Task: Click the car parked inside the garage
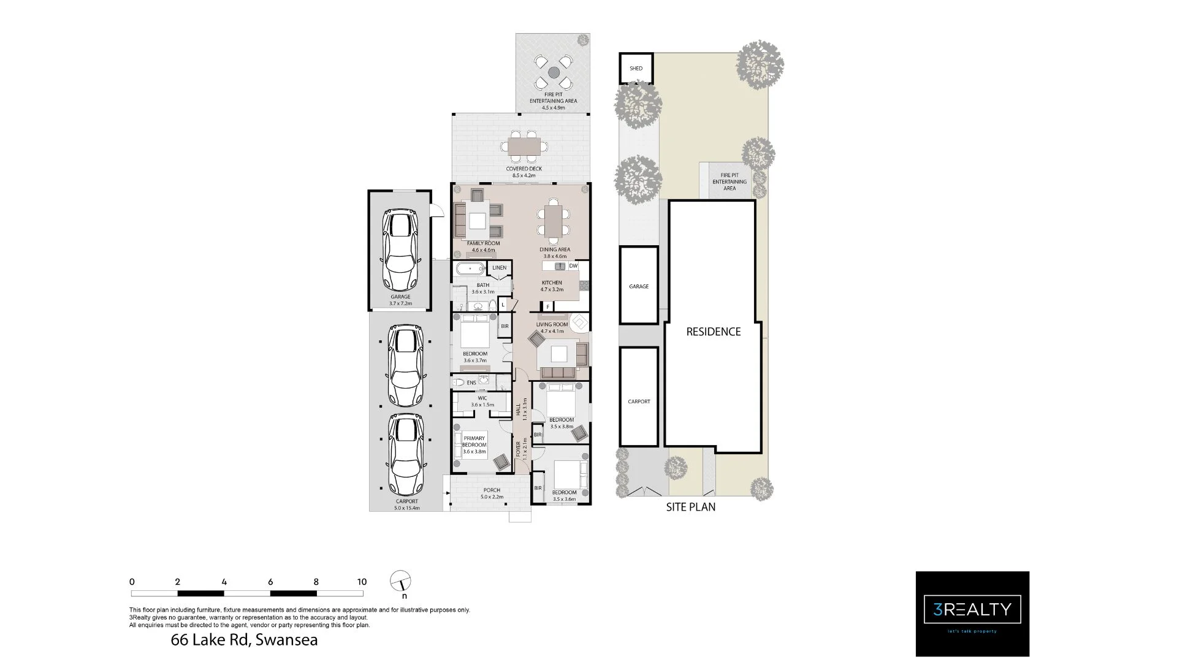tap(400, 250)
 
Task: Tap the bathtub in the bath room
tap(470, 268)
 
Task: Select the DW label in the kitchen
tap(573, 266)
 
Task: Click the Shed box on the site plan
tap(636, 69)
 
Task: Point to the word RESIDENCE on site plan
tap(713, 332)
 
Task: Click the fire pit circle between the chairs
tap(554, 72)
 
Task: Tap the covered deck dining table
tap(524, 146)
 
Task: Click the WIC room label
tap(482, 398)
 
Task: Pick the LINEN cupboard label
tap(499, 268)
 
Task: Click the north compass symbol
tap(400, 581)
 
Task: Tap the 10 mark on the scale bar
tap(362, 582)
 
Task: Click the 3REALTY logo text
tap(972, 609)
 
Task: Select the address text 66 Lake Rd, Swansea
tap(244, 641)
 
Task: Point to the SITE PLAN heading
tap(690, 507)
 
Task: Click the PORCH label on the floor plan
tap(492, 490)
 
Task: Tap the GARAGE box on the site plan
tap(638, 286)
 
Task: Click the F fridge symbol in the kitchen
tap(547, 306)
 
